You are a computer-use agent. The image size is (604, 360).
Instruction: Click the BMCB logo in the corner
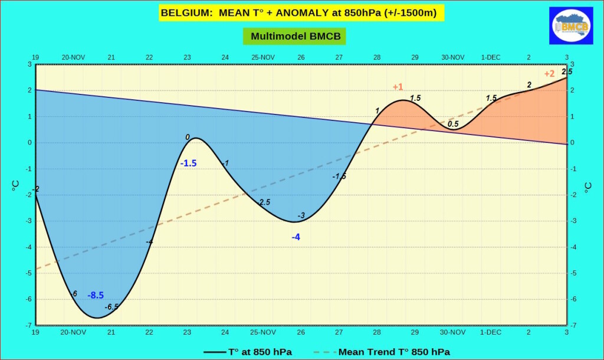[x=571, y=25]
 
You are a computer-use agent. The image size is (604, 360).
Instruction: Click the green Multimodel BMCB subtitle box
[x=294, y=36]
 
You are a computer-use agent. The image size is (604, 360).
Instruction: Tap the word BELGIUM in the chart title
[x=186, y=13]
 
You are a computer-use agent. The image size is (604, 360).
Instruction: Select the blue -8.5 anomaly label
[x=96, y=295]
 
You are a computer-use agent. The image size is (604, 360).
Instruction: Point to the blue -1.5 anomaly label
[x=188, y=163]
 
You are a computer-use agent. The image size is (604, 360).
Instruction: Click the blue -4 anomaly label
[x=296, y=237]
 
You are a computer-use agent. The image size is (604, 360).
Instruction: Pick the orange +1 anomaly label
[x=398, y=87]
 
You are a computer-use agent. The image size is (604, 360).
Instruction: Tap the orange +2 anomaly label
[x=549, y=74]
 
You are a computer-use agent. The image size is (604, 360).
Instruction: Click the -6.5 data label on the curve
[x=111, y=307]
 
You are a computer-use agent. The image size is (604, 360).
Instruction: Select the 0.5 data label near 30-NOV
[x=453, y=124]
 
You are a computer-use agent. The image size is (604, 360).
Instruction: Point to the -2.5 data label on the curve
[x=264, y=202]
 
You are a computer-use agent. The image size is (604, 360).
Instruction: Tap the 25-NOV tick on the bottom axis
[x=263, y=332]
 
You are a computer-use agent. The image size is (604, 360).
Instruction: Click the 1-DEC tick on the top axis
[x=491, y=57]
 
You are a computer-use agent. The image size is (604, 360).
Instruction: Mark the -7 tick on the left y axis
[x=29, y=325]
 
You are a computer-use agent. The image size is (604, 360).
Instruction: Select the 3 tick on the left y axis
[x=29, y=64]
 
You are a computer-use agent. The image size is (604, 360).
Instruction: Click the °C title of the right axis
[x=588, y=188]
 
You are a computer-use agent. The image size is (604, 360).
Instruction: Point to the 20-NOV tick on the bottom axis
[x=73, y=332]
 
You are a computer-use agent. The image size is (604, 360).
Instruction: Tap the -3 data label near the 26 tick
[x=301, y=215]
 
